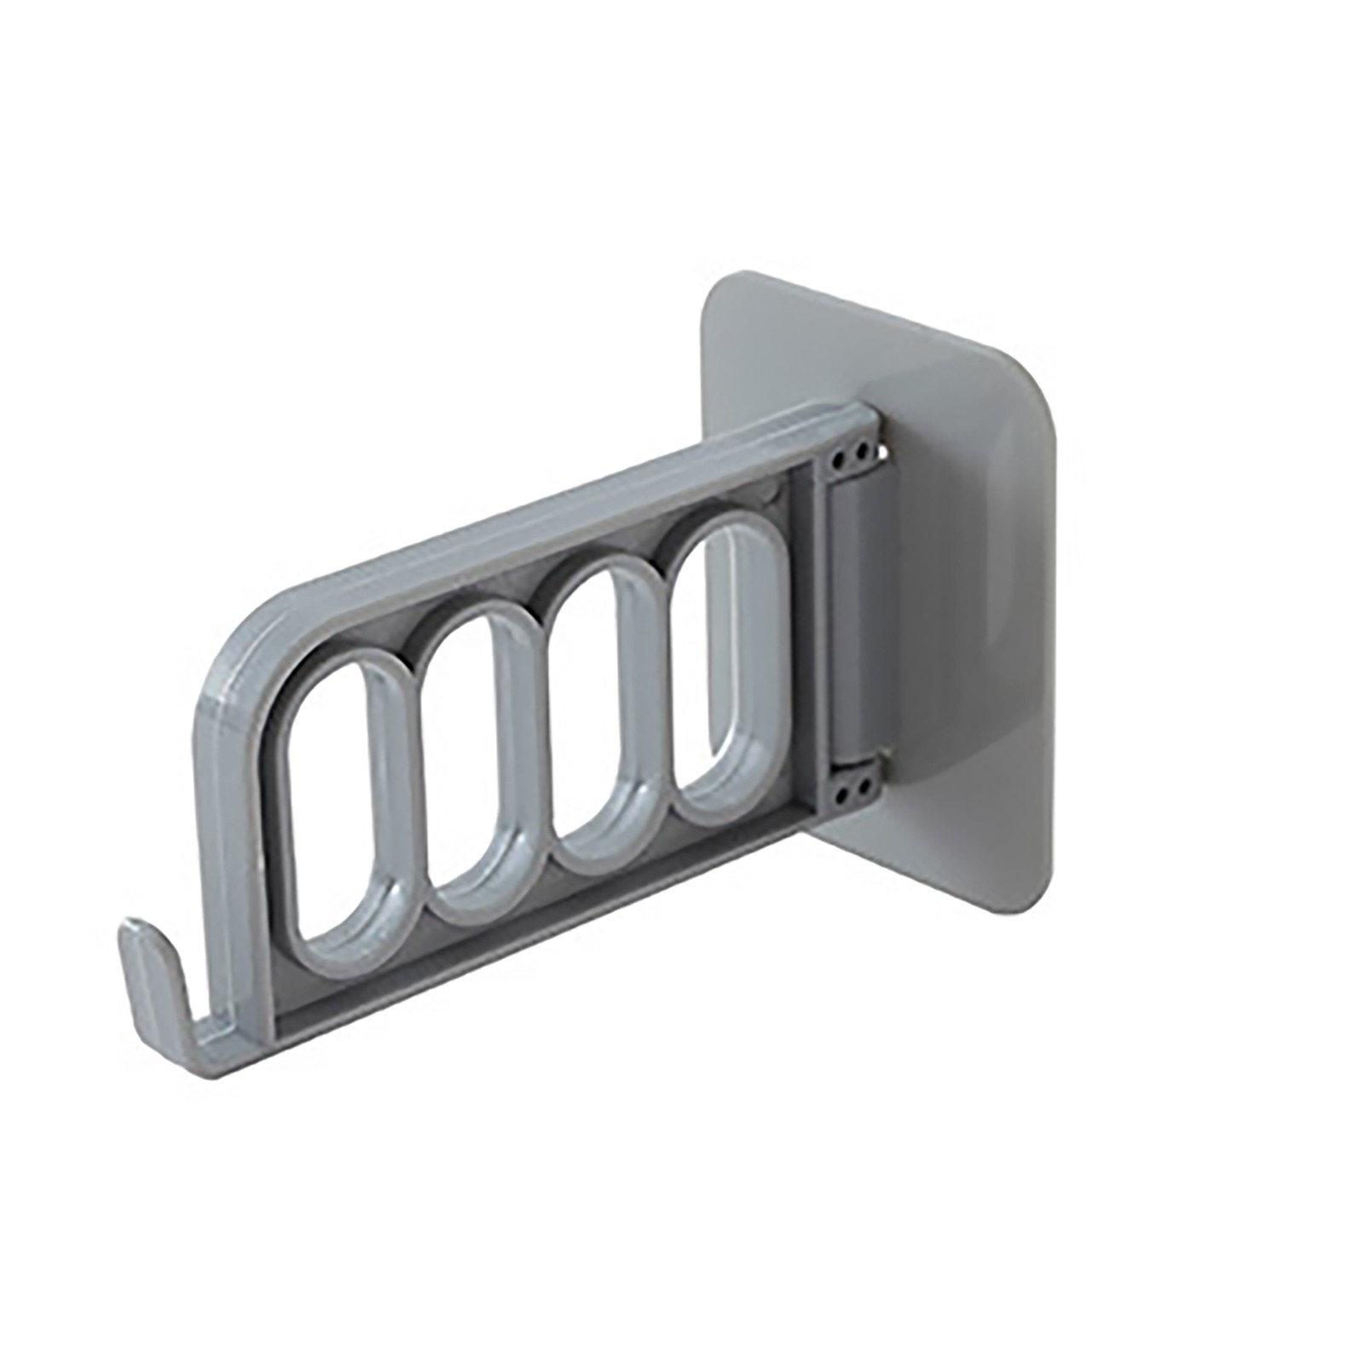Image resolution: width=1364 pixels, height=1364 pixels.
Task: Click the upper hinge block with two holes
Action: pos(849,460)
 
